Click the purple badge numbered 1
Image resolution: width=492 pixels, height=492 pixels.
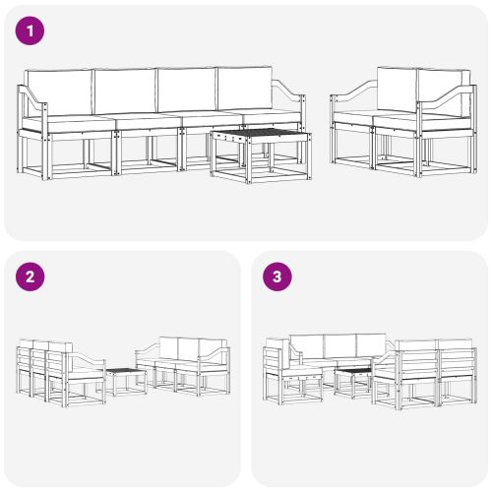click(31, 31)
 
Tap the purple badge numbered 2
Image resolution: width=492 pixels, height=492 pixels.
click(31, 277)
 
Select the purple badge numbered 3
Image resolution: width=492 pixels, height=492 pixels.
click(277, 277)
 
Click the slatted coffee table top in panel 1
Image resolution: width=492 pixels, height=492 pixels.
click(260, 136)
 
